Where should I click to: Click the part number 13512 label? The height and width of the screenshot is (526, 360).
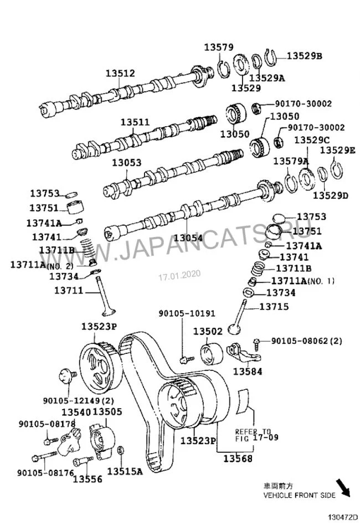click(x=121, y=73)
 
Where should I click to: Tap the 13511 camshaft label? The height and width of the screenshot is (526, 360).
click(x=135, y=122)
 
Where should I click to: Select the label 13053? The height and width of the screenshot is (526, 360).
click(x=126, y=163)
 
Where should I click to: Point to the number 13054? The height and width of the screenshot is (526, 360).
click(x=188, y=238)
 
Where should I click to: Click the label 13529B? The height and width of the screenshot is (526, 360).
click(x=304, y=55)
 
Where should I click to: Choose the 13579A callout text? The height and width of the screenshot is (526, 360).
click(x=290, y=161)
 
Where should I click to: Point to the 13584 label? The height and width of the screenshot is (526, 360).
click(x=247, y=372)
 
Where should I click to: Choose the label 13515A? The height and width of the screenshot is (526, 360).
click(x=125, y=471)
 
